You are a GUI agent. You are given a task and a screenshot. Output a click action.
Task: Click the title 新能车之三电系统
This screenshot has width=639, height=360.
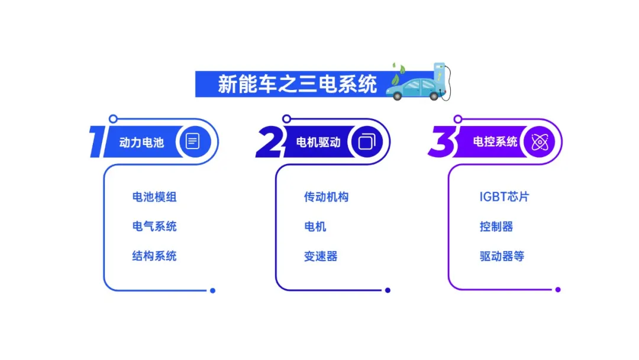click(x=297, y=85)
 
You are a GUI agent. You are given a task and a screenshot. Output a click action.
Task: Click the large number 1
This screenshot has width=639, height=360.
click(x=97, y=141)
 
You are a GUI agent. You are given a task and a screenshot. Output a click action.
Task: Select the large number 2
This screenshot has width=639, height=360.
click(x=270, y=142)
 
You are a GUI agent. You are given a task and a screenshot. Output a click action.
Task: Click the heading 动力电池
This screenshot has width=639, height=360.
click(x=141, y=142)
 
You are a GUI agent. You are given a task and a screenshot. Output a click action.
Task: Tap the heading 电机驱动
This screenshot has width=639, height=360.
click(x=318, y=142)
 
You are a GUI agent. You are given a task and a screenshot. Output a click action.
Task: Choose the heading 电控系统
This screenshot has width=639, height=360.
click(x=495, y=142)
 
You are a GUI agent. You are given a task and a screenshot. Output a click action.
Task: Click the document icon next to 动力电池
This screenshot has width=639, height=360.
click(x=193, y=142)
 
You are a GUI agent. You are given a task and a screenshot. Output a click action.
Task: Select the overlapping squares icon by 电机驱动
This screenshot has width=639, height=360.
click(x=367, y=142)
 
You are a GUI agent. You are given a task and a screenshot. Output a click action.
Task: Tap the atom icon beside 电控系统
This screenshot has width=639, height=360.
click(x=540, y=142)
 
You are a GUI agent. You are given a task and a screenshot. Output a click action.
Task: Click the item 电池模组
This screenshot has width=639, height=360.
click(x=154, y=197)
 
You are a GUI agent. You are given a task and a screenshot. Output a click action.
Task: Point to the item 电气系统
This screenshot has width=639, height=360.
click(x=154, y=226)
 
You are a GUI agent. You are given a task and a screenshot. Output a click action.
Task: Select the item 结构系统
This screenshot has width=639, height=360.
click(x=154, y=256)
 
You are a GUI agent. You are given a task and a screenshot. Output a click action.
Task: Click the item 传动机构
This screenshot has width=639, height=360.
click(x=327, y=197)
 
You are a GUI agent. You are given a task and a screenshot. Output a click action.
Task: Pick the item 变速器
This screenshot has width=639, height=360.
click(x=321, y=256)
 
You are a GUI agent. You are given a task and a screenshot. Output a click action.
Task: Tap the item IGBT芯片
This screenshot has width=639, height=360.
click(x=504, y=197)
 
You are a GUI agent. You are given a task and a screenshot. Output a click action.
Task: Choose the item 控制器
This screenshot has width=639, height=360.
click(x=496, y=226)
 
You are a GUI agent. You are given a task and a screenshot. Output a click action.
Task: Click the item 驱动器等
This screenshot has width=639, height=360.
click(x=502, y=256)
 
